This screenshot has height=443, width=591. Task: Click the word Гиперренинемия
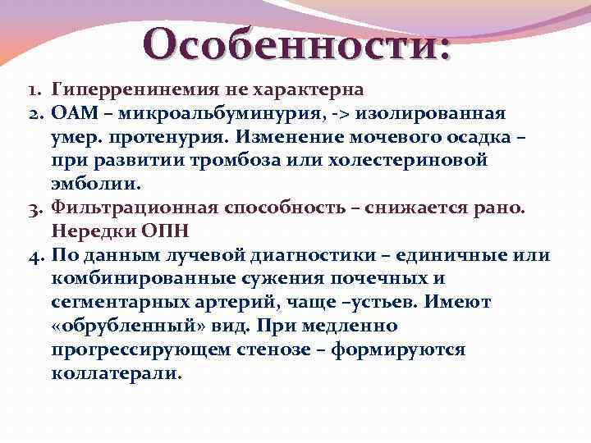pyautogui.click(x=121, y=88)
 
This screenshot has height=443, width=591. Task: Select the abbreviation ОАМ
pyautogui.click(x=71, y=112)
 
